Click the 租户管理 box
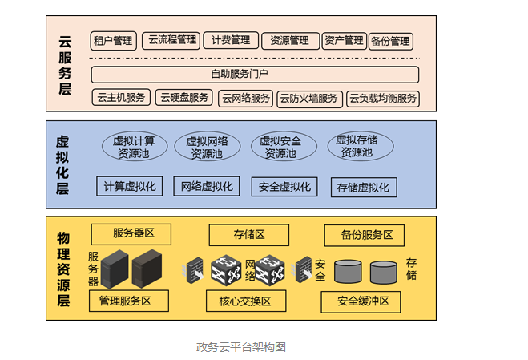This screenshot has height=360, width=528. click(x=113, y=41)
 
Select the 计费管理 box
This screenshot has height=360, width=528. click(x=231, y=40)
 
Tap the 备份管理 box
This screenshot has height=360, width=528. click(x=389, y=41)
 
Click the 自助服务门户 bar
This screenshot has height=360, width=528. click(x=255, y=75)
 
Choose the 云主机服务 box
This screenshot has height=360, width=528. click(x=121, y=99)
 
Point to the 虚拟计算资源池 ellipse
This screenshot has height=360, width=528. click(x=134, y=147)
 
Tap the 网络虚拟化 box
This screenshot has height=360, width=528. click(x=207, y=187)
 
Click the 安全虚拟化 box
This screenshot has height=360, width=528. click(x=284, y=187)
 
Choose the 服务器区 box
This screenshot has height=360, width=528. click(x=131, y=234)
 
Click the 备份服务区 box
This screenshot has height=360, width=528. click(x=364, y=235)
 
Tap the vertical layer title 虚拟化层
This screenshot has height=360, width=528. click(x=62, y=165)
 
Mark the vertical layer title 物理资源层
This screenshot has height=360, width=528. click(x=63, y=269)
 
